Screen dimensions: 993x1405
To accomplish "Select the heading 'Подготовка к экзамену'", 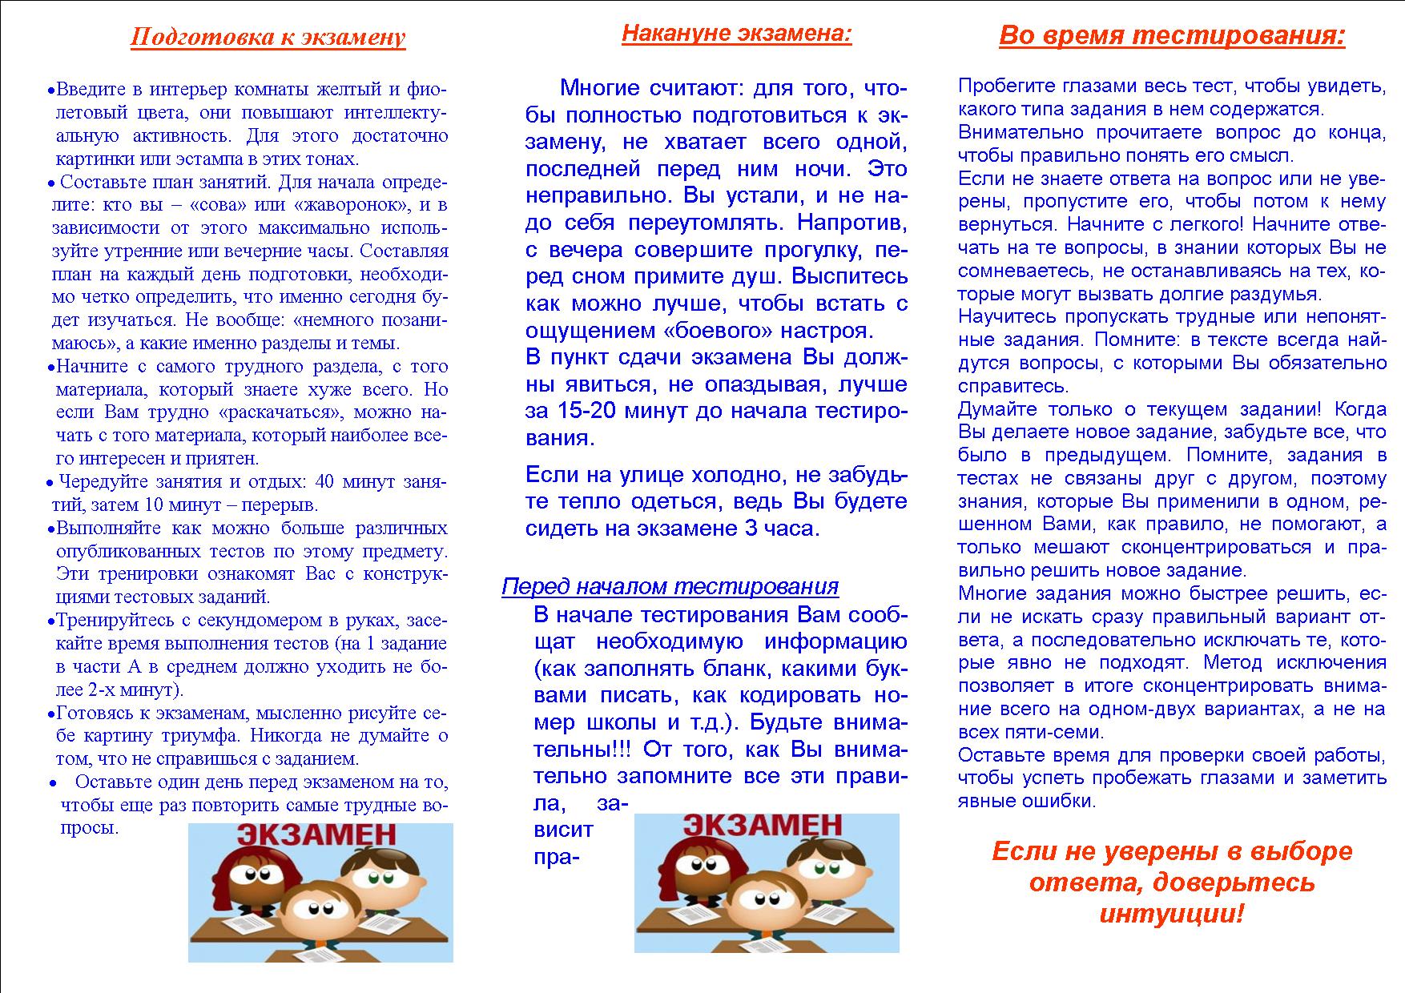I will click(x=268, y=38).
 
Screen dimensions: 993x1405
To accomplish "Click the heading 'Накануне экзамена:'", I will click(x=736, y=34).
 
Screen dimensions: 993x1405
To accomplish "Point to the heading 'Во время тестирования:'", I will click(x=1172, y=36).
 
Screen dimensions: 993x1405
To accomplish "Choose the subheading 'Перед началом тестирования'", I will click(x=670, y=587).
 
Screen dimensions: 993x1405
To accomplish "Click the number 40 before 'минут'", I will click(x=324, y=482).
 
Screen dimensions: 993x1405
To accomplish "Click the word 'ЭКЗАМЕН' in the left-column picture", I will click(x=320, y=834).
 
